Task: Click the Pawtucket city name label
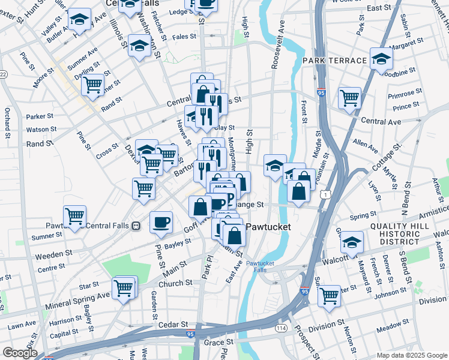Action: [268, 227]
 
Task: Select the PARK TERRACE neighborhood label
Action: [334, 61]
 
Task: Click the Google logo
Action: [19, 353]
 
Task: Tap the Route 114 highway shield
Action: [281, 328]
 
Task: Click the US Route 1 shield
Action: [324, 195]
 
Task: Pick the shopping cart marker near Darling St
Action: [92, 85]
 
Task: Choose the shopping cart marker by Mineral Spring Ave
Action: [124, 287]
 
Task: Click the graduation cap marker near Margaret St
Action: [381, 58]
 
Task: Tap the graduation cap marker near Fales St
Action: [139, 44]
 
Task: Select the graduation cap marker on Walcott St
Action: [352, 242]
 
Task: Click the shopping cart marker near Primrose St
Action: [349, 97]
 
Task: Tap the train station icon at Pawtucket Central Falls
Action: [137, 226]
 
